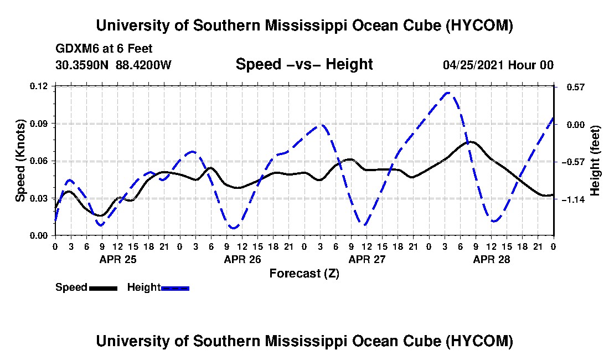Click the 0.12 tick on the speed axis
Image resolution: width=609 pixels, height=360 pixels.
click(38, 86)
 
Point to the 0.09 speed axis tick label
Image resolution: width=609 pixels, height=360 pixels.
click(38, 124)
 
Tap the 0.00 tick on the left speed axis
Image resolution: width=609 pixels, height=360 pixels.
click(38, 236)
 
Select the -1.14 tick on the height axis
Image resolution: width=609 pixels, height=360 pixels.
click(573, 199)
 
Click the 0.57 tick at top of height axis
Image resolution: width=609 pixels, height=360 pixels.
click(576, 87)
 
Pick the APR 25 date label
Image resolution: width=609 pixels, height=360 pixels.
click(118, 259)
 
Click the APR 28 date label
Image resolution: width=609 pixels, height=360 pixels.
click(491, 259)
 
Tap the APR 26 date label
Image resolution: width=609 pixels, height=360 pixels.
click(242, 259)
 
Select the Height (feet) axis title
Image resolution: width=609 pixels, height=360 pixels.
click(595, 161)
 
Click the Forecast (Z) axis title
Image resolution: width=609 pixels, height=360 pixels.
click(304, 274)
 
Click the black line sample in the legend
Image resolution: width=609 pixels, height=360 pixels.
click(103, 288)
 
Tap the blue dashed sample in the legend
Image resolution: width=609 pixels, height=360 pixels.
click(175, 288)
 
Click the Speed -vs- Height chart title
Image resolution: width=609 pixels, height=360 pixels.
click(304, 64)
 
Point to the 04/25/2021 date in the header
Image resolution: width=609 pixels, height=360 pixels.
click(473, 65)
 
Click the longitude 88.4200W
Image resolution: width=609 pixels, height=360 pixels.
click(143, 65)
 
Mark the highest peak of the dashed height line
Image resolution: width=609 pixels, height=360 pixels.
click(447, 93)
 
